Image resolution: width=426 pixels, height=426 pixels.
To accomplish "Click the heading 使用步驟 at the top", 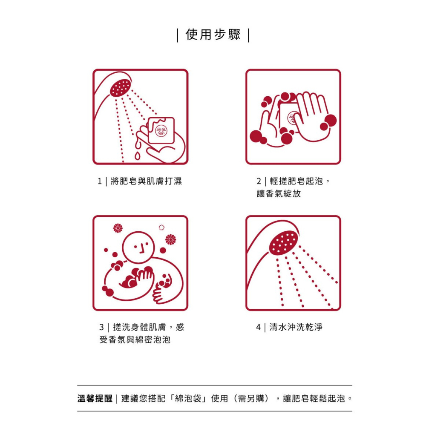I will click(213, 35).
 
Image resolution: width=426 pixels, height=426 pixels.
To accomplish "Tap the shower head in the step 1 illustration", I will click(120, 88).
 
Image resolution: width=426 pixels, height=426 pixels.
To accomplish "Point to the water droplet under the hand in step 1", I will click(137, 156).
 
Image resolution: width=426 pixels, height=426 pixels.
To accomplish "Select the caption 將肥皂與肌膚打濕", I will click(146, 181).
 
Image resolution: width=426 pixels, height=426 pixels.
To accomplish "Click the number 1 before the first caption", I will click(100, 181).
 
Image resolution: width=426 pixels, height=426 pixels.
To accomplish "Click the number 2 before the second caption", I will click(259, 181).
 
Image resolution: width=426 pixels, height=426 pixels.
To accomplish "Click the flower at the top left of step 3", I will click(118, 228).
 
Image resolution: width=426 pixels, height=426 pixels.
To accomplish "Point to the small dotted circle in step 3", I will click(161, 227).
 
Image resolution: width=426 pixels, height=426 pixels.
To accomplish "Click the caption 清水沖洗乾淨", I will click(296, 327).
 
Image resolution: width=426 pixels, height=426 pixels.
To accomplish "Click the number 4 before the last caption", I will click(258, 328).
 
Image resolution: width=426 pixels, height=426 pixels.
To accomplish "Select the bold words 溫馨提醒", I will click(95, 399).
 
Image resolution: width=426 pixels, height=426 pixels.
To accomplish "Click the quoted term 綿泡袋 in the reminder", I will click(191, 399).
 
